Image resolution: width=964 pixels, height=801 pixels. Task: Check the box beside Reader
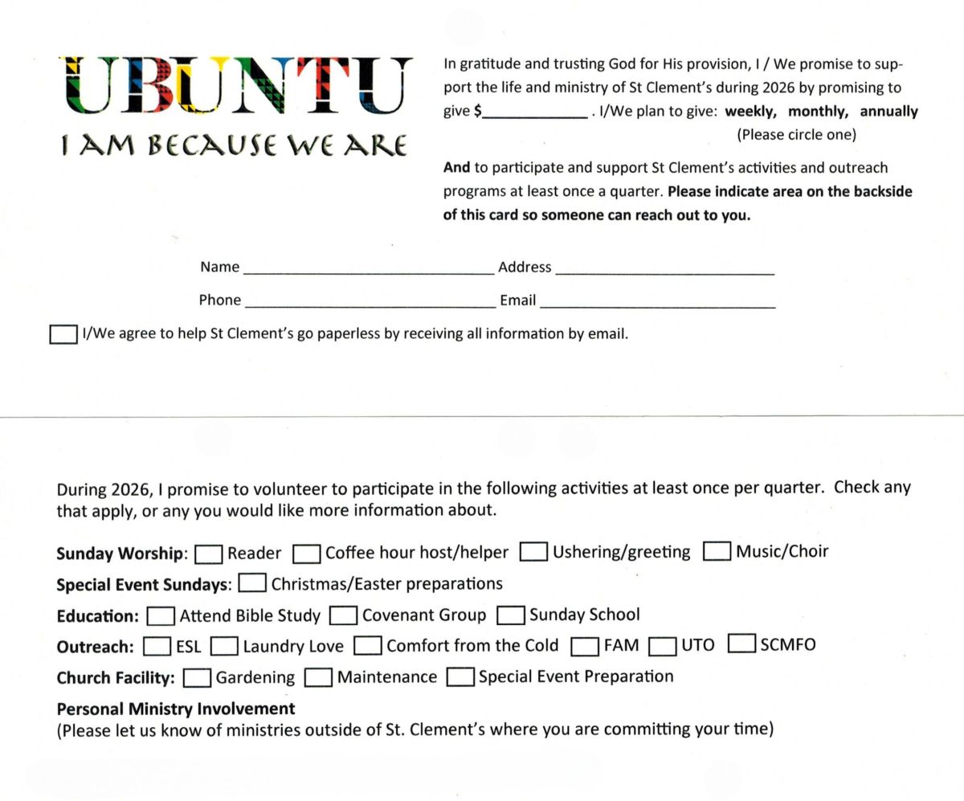pyautogui.click(x=209, y=554)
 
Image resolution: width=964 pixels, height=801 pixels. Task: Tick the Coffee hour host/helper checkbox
pyautogui.click(x=307, y=554)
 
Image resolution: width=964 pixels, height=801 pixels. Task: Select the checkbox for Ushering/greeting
pyautogui.click(x=534, y=553)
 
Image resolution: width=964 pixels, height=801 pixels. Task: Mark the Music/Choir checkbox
pyautogui.click(x=717, y=552)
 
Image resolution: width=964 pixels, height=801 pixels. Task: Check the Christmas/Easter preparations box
pyautogui.click(x=253, y=584)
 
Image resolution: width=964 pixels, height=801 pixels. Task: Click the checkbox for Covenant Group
pyautogui.click(x=344, y=616)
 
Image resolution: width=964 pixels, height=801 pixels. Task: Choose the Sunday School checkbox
pyautogui.click(x=511, y=615)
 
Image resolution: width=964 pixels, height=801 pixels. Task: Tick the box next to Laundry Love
pyautogui.click(x=225, y=647)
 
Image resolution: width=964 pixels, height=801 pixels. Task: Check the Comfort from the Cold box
pyautogui.click(x=368, y=647)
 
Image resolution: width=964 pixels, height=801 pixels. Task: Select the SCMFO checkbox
pyautogui.click(x=741, y=645)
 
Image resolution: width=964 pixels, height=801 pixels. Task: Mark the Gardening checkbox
pyautogui.click(x=197, y=678)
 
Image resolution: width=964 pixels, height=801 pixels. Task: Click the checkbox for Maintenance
pyautogui.click(x=318, y=678)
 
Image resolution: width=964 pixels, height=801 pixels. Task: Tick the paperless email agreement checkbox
pyautogui.click(x=63, y=334)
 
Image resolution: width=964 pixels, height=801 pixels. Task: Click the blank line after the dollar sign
pyautogui.click(x=534, y=114)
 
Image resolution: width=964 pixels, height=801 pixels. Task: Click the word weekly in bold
pyautogui.click(x=750, y=112)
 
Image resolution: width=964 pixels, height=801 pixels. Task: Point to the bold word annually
pyautogui.click(x=888, y=112)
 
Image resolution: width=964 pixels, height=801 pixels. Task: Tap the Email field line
pyautogui.click(x=658, y=303)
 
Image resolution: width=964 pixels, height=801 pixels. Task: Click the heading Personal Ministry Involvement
pyautogui.click(x=176, y=709)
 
